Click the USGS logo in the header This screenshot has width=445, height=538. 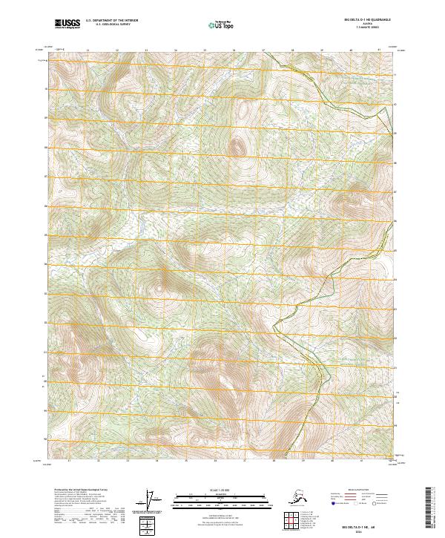67,24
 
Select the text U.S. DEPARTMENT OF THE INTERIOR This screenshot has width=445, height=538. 111,22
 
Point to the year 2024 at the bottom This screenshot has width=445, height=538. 346,528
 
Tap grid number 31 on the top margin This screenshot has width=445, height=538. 88,50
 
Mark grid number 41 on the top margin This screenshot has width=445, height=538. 380,50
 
